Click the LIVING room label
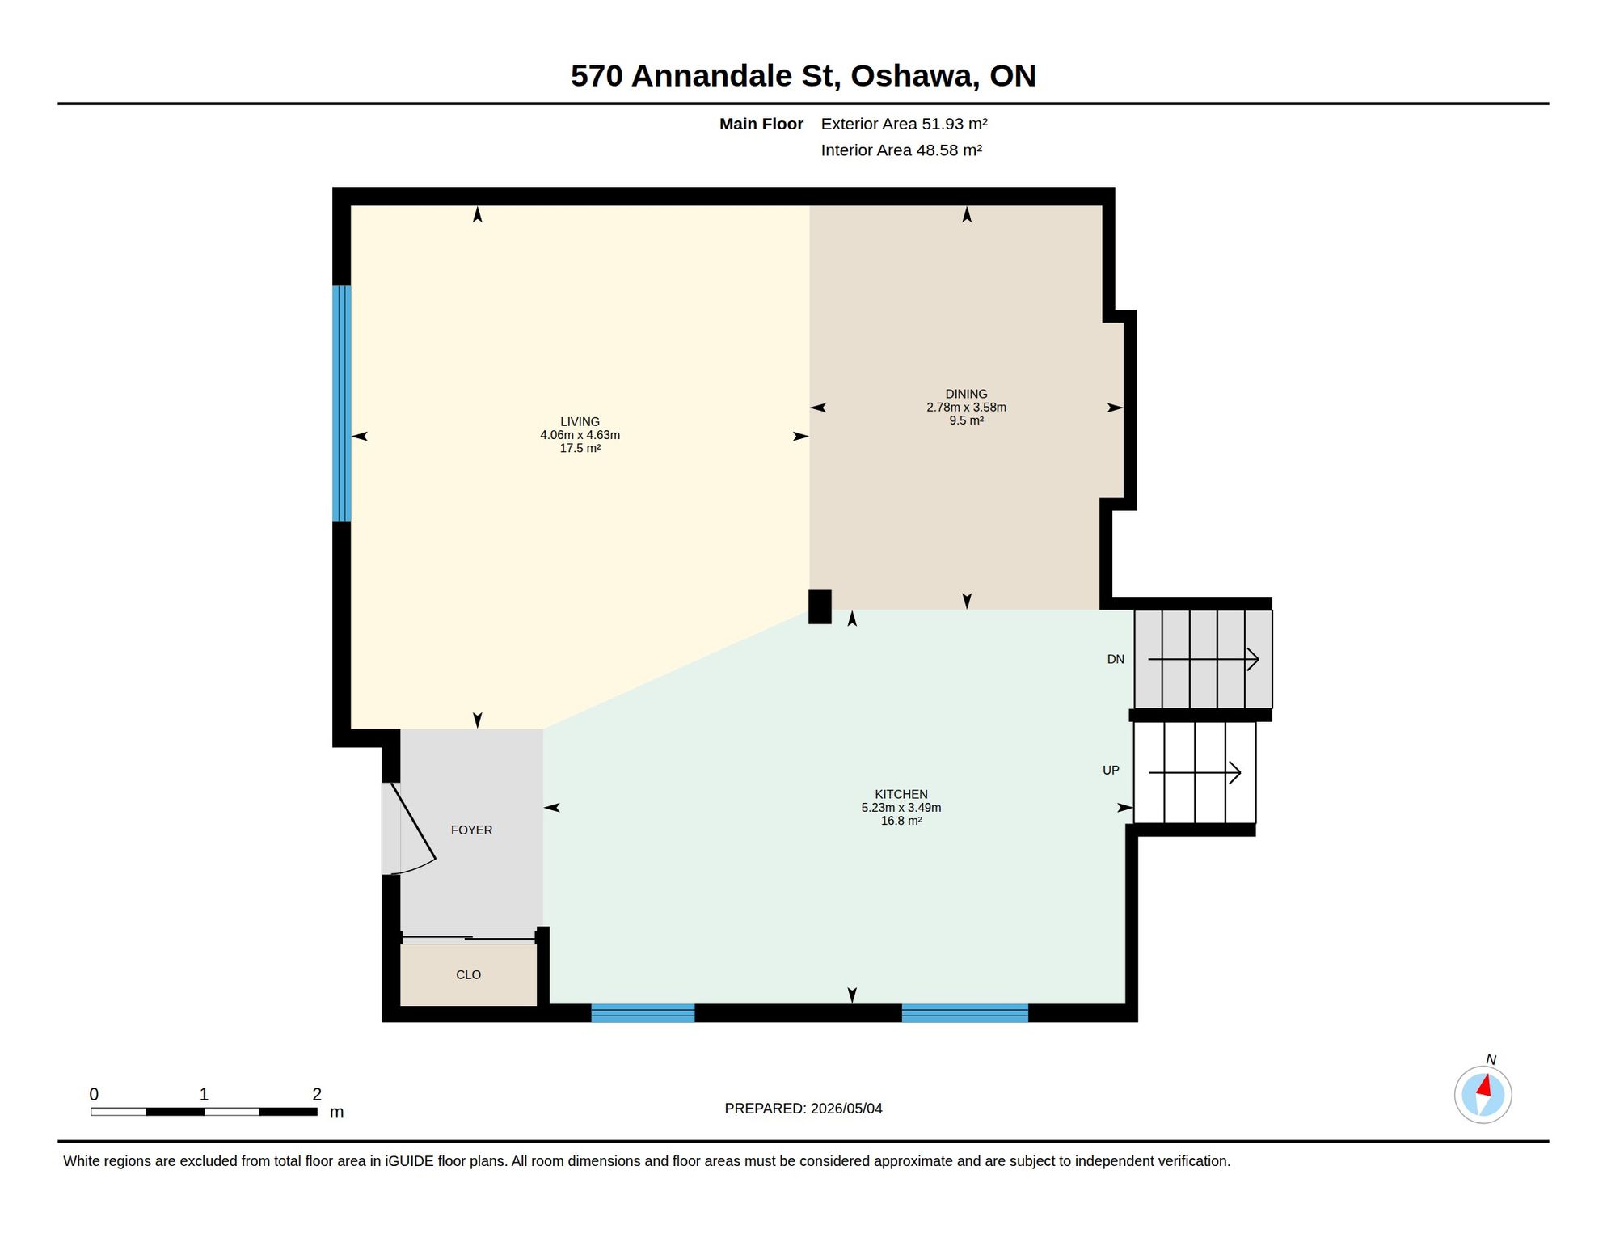click(x=580, y=421)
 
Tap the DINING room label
click(x=966, y=394)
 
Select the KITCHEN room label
click(x=901, y=794)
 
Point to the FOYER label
click(x=471, y=830)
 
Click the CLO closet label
click(x=468, y=974)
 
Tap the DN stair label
click(x=1116, y=659)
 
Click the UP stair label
click(x=1111, y=770)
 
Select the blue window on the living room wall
click(x=342, y=403)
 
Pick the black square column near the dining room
click(x=820, y=606)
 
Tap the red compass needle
click(x=1484, y=1085)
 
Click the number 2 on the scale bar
click(x=317, y=1094)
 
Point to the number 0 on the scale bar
click(x=94, y=1094)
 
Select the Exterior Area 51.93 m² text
click(x=904, y=124)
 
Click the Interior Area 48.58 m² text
click(x=901, y=150)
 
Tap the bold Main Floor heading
click(x=761, y=124)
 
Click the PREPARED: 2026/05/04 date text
click(x=803, y=1109)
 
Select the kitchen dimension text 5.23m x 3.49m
click(x=901, y=807)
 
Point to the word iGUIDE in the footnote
click(x=409, y=1161)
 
